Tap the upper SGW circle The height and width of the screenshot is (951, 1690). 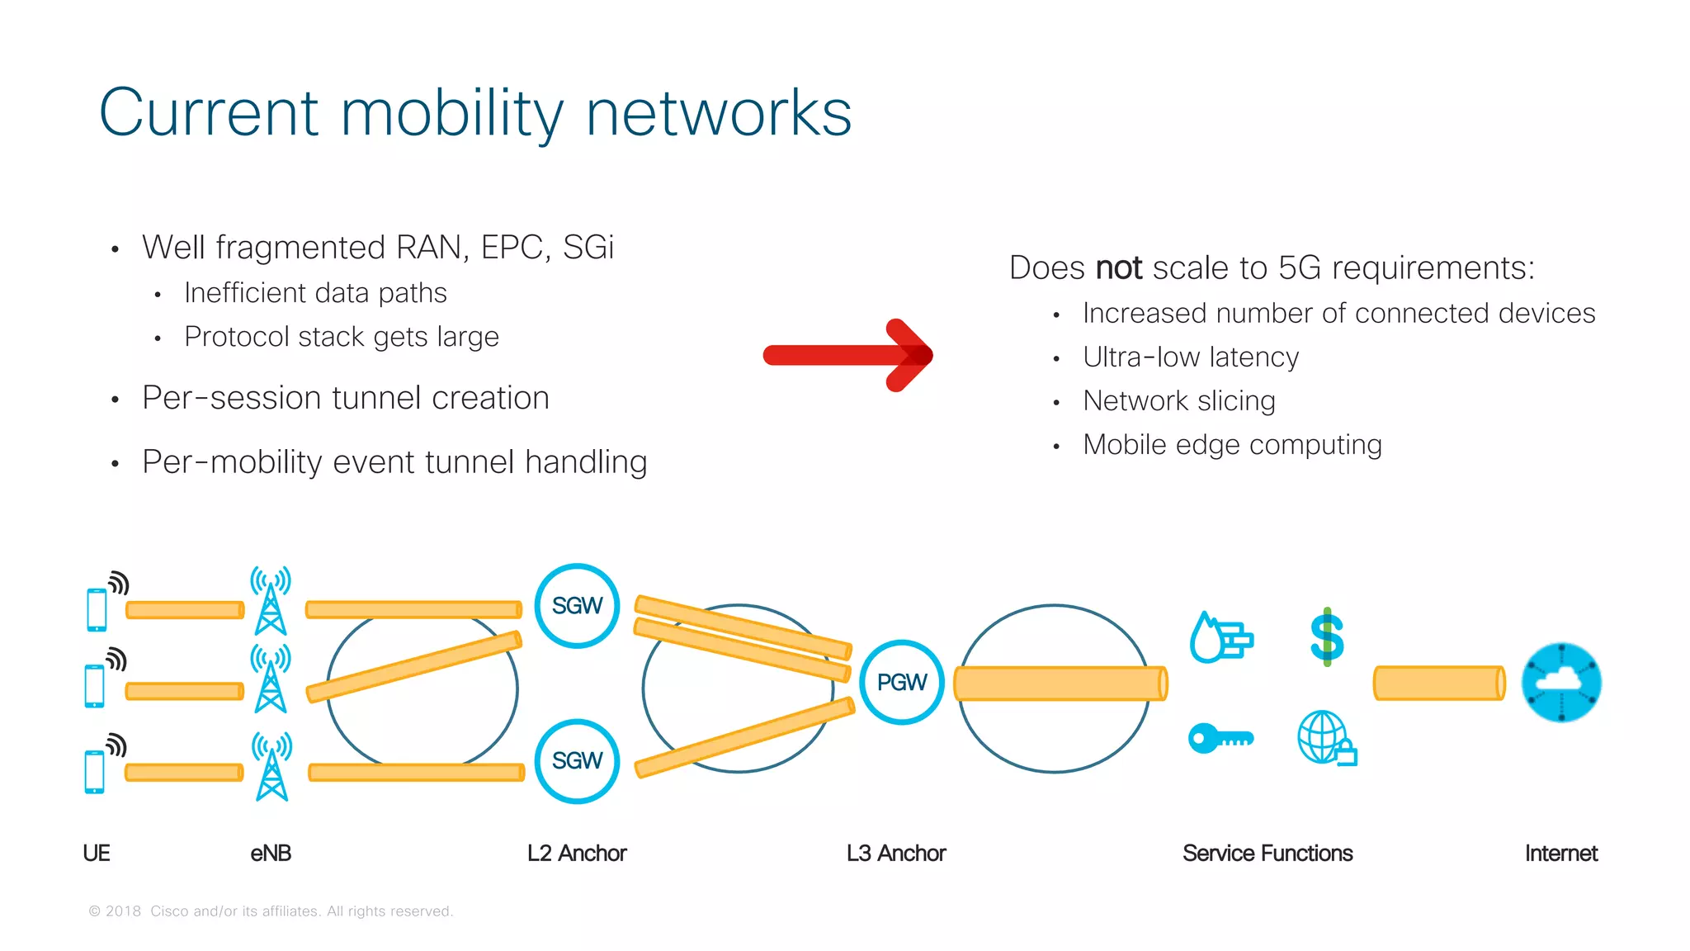point(577,606)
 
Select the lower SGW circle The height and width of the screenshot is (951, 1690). point(577,760)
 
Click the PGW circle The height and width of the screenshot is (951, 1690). point(901,683)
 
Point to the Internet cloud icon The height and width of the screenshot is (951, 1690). point(1560,683)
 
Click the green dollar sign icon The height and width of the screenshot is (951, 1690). point(1327,637)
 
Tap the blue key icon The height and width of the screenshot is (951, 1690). point(1220,738)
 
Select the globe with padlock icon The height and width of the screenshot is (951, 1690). point(1326,738)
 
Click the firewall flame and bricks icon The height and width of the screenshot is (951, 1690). point(1220,638)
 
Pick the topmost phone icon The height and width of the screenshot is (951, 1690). point(97,609)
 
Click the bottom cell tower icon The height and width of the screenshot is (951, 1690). point(271,768)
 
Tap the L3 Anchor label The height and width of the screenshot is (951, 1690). point(895,853)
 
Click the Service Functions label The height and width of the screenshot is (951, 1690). point(1267,853)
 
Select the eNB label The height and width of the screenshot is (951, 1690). point(271,853)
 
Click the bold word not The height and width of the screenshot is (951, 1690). point(1118,268)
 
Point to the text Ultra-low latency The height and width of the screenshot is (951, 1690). point(1190,357)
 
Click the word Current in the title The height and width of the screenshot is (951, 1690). point(209,113)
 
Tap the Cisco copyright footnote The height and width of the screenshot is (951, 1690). point(271,911)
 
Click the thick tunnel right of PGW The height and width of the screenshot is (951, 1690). point(1060,684)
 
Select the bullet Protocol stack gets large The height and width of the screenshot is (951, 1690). point(341,337)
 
